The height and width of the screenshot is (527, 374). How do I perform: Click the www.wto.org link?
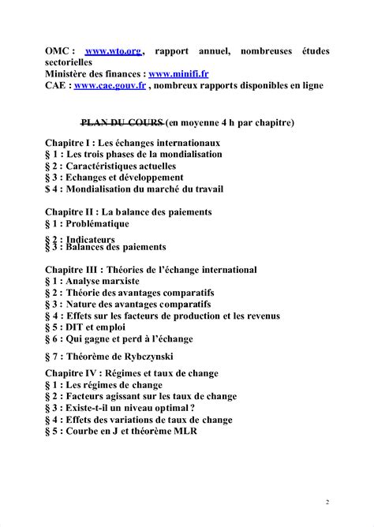tap(113, 51)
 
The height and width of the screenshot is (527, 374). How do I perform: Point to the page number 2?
tap(327, 501)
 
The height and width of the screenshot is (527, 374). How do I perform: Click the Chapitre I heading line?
tap(133, 143)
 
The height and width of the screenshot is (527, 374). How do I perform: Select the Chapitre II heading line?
tap(128, 211)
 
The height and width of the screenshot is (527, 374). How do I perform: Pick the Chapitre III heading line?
tap(151, 269)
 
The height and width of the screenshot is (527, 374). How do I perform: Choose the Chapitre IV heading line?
tap(132, 373)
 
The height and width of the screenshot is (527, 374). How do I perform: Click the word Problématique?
tap(97, 223)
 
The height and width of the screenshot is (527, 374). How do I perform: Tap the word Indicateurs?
tap(90, 239)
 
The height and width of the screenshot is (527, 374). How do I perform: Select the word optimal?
tap(165, 408)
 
